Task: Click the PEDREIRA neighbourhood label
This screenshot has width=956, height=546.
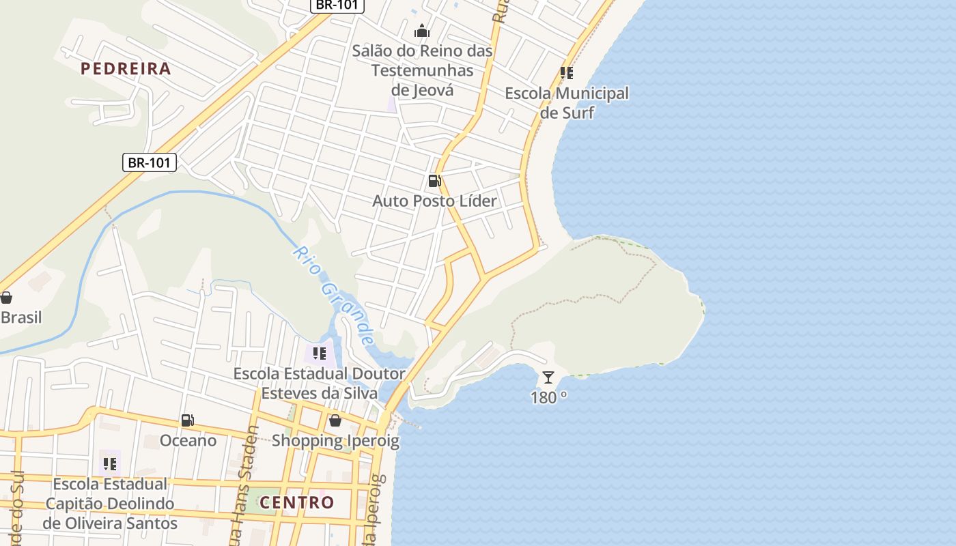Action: coord(126,68)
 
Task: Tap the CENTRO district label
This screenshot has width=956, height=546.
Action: coord(297,503)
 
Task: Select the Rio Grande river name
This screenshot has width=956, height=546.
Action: coord(334,295)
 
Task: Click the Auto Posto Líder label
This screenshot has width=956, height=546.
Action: coord(434,201)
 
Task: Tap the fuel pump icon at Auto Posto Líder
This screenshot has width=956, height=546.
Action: coord(434,181)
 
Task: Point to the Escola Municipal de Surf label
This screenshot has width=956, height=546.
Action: coord(567,102)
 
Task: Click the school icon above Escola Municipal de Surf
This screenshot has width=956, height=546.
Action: coord(566,72)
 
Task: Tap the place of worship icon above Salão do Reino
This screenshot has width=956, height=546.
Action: coord(422,31)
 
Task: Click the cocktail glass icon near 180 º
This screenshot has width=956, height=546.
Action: coord(548,377)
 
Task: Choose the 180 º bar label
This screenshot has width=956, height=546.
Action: coord(549,397)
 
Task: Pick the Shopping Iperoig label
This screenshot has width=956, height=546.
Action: coord(335,441)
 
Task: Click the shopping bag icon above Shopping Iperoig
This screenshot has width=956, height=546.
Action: coord(335,420)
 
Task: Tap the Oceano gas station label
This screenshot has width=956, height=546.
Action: coord(188,441)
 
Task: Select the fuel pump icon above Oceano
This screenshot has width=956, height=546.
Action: coord(187,420)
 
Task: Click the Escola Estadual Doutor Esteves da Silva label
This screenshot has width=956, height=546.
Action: coord(319,384)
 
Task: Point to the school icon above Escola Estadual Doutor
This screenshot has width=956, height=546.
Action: coord(319,354)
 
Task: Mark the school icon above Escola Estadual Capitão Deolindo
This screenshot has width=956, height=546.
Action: coord(109,464)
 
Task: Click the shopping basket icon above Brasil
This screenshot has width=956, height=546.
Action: coord(6,298)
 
